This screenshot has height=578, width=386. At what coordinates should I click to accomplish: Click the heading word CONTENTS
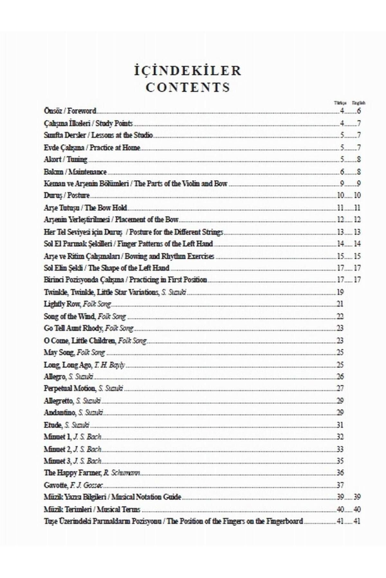coord(188,87)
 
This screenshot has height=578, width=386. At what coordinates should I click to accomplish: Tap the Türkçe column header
coord(340,103)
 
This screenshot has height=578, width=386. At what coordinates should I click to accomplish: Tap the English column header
coord(358,103)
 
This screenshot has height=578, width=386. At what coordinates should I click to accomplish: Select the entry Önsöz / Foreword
coord(70,111)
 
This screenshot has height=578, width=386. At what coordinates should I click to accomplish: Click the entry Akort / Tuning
coord(65,159)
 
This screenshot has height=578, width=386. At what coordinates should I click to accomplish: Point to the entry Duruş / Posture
coord(67,195)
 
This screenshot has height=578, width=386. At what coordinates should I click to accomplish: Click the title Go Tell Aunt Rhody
coord(73,328)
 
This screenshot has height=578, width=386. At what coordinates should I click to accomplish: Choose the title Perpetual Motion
coord(69,389)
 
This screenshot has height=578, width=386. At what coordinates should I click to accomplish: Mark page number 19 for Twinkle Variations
coord(340,292)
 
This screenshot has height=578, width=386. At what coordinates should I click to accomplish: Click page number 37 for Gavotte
coord(340,485)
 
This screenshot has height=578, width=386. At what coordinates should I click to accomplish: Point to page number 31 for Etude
coord(340,425)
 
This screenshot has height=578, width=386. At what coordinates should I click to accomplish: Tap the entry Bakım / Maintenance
coord(75,172)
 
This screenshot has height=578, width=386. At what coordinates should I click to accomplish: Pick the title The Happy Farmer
coord(72,473)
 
